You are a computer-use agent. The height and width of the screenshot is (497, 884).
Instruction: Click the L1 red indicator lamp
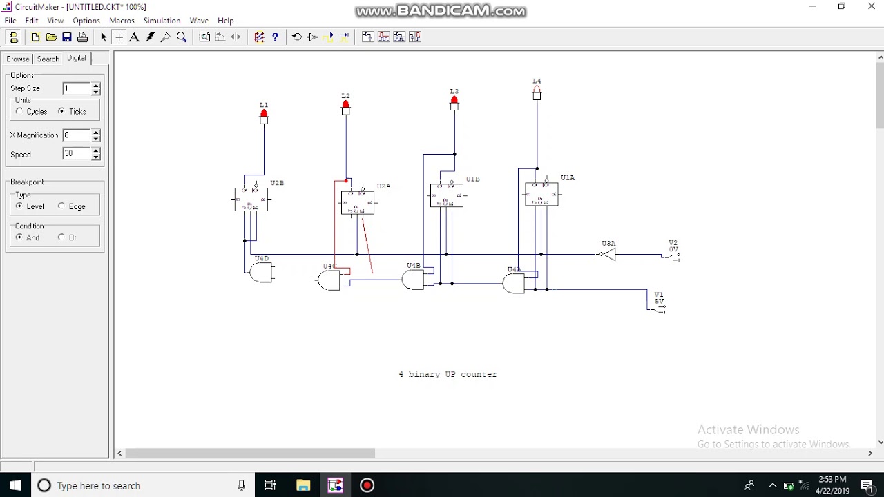(x=263, y=115)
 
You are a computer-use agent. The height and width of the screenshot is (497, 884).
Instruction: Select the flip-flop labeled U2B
(x=251, y=199)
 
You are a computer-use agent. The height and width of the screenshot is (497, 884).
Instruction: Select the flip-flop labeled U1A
(x=541, y=194)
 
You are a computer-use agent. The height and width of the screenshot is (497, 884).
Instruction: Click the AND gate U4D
(x=262, y=273)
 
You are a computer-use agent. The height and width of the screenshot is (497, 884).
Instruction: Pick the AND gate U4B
(x=413, y=280)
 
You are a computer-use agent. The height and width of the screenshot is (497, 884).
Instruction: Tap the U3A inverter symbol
(x=607, y=255)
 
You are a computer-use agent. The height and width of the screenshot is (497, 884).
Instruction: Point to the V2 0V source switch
(x=671, y=255)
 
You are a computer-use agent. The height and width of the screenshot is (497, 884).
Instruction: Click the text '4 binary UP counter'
(x=448, y=374)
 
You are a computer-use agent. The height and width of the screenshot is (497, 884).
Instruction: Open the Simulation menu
(x=162, y=21)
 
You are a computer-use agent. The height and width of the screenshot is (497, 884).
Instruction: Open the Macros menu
(x=122, y=21)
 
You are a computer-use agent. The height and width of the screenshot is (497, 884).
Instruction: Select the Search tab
(x=48, y=59)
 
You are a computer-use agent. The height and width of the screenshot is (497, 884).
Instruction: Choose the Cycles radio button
(x=19, y=111)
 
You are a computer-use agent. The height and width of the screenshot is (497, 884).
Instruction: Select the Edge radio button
(x=61, y=206)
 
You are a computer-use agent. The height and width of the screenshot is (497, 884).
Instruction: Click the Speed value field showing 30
(x=76, y=154)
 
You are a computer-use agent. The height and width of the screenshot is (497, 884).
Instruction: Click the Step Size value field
(x=76, y=88)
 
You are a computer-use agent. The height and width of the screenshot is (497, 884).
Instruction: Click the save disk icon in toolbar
(x=67, y=37)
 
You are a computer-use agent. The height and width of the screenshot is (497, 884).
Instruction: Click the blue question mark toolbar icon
(x=275, y=37)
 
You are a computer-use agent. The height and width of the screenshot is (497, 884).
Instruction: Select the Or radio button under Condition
(x=61, y=237)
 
